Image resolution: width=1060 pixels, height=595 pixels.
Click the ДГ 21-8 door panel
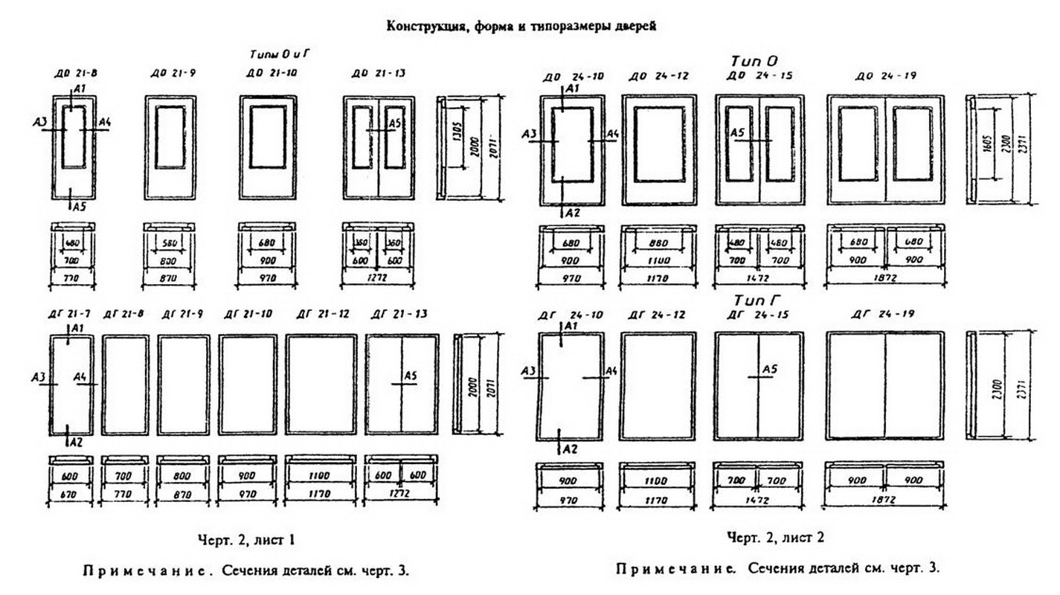124,385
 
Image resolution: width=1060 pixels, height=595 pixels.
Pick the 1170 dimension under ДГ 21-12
320,492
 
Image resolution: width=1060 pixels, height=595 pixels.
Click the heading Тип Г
755,300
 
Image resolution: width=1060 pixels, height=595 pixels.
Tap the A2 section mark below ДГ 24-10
569,448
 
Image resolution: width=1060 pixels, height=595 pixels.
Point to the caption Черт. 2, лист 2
775,537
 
